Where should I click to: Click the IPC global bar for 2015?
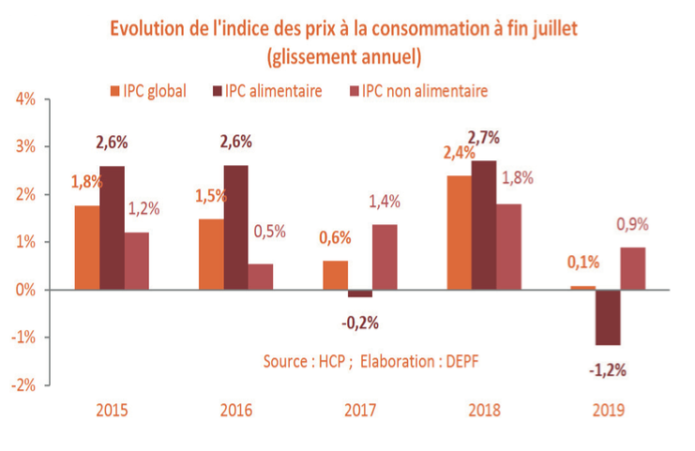pos(87,248)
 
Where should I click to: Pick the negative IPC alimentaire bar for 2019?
pos(609,318)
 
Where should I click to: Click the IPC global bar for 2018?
pos(459,233)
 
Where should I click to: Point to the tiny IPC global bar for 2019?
pos(582,288)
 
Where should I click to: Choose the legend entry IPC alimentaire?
pos(269,91)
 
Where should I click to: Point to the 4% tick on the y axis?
pos(25,99)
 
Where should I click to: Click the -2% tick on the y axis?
pos(23,385)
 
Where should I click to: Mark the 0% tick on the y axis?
pos(25,290)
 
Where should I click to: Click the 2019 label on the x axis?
pos(608,410)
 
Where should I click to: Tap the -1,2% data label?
pos(608,370)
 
